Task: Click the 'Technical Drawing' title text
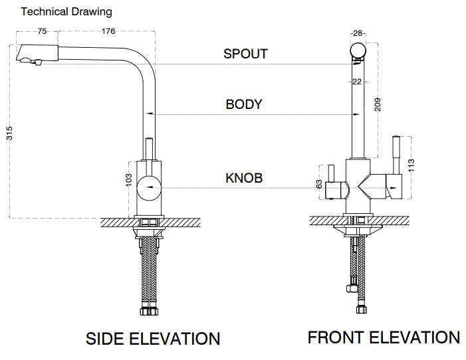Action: pyautogui.click(x=66, y=12)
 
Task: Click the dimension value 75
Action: pyautogui.click(x=42, y=31)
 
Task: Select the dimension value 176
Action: pyautogui.click(x=108, y=31)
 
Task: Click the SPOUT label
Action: pyautogui.click(x=245, y=54)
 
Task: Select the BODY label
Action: pyautogui.click(x=244, y=104)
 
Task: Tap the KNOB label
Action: pyautogui.click(x=244, y=178)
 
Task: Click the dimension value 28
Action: pyautogui.click(x=358, y=33)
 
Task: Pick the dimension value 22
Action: pyautogui.click(x=357, y=82)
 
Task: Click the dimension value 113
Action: pyautogui.click(x=410, y=165)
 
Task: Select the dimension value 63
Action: pyautogui.click(x=320, y=185)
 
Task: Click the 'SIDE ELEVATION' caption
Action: pyautogui.click(x=153, y=339)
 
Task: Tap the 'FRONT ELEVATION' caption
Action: pyautogui.click(x=384, y=337)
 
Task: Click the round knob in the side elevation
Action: pyautogui.click(x=150, y=188)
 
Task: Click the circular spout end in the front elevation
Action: pyautogui.click(x=358, y=50)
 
